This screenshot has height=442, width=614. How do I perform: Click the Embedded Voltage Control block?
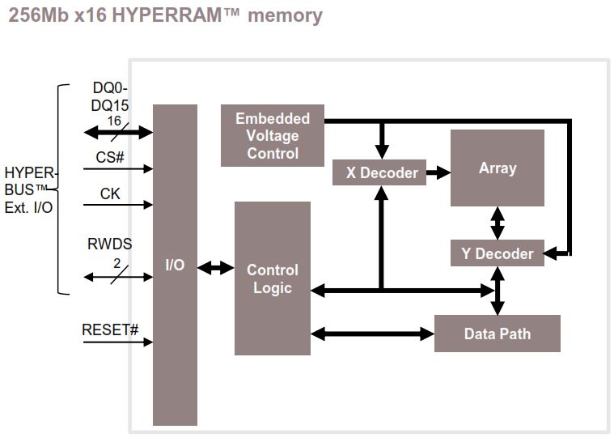coord(272,136)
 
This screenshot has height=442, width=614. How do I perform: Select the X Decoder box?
coord(379,172)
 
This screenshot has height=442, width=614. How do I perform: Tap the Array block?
coord(497,168)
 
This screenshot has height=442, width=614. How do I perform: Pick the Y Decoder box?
coord(497,253)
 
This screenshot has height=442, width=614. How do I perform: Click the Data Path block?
coord(497,334)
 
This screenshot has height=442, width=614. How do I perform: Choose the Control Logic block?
coord(272,278)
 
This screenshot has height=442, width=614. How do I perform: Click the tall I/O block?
coord(175,265)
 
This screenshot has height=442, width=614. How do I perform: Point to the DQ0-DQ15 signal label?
coord(111,97)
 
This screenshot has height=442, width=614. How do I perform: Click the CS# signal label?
coord(111,157)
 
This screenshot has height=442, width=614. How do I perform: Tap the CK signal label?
coord(111,193)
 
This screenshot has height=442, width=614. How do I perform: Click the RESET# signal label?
coord(110,329)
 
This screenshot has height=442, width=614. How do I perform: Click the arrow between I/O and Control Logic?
coord(215,267)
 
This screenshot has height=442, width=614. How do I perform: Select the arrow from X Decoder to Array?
coord(438,172)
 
